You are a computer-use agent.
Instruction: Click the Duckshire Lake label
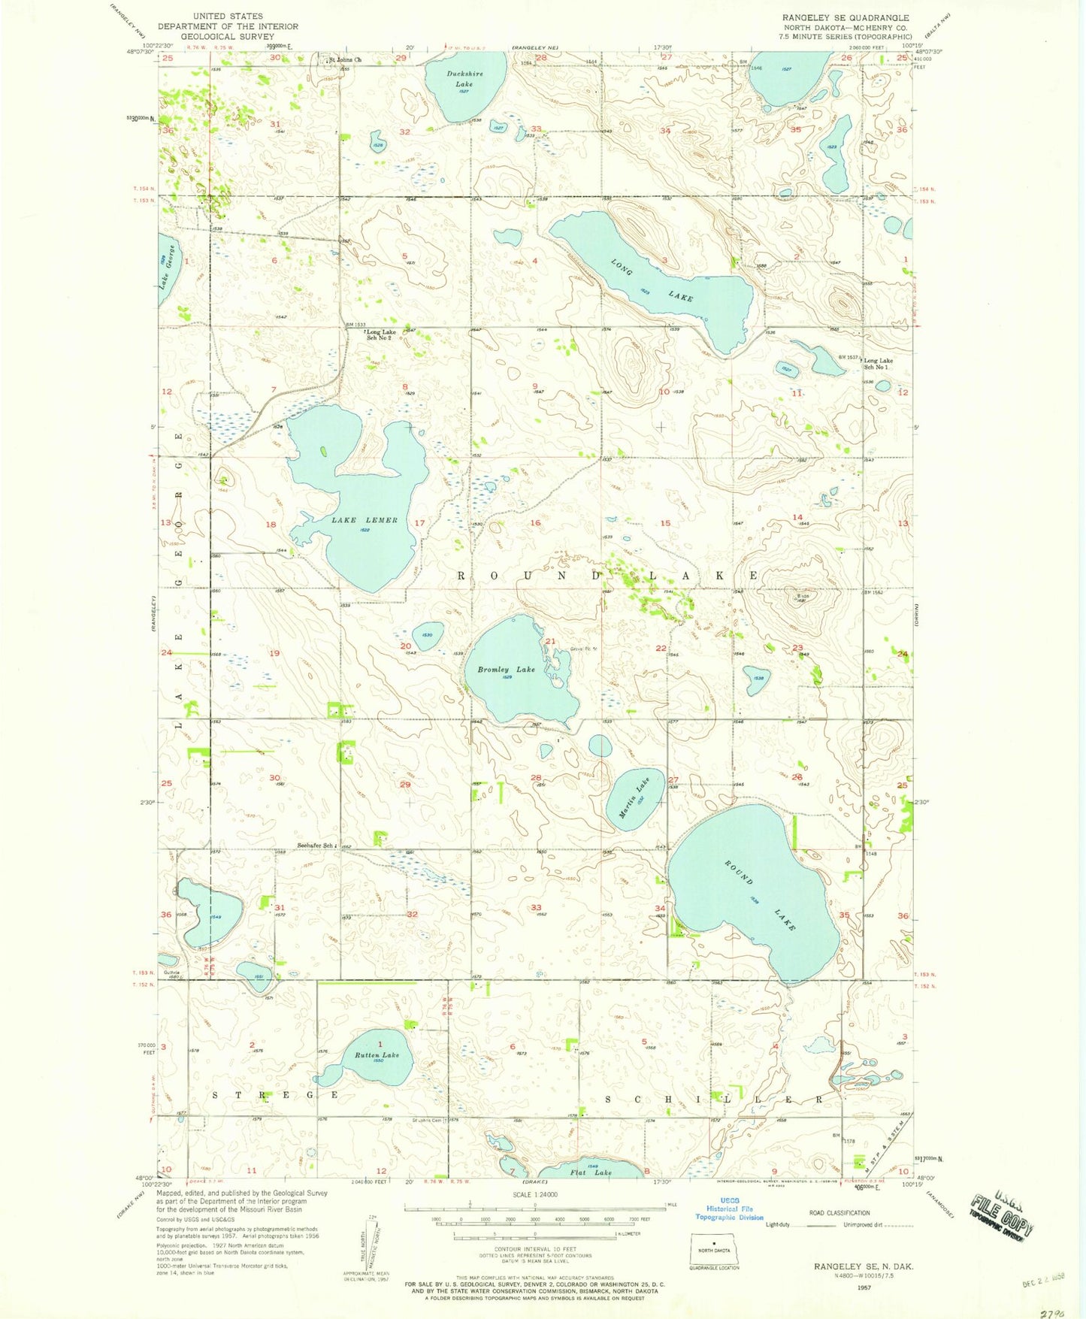pos(459,79)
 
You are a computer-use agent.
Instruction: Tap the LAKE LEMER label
pos(365,520)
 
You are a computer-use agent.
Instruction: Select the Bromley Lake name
pos(507,669)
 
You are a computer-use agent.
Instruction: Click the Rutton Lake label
pos(377,1055)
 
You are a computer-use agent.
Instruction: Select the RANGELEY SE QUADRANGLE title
pos(845,17)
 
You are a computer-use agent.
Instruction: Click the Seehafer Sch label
pos(315,846)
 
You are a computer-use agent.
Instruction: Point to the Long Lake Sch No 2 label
pos(380,335)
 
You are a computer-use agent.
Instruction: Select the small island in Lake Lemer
pos(323,452)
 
